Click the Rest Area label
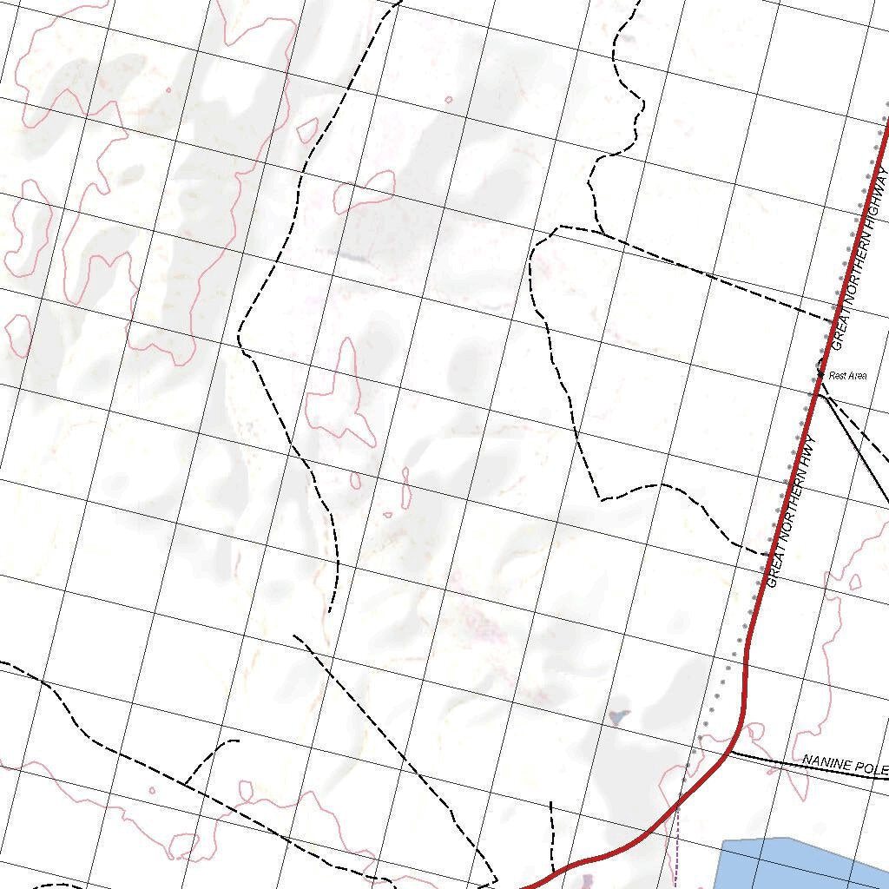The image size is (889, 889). [x=848, y=376]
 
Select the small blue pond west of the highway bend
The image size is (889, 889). [x=618, y=717]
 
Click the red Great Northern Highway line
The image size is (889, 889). [x=747, y=660]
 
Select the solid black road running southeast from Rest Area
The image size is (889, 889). [x=855, y=451]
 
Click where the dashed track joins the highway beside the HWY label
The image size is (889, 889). [x=761, y=551]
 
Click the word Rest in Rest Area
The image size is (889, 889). [x=838, y=376]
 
